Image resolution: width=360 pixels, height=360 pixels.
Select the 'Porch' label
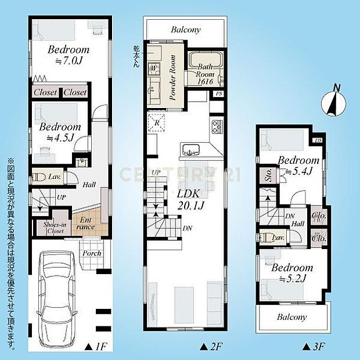(92, 254)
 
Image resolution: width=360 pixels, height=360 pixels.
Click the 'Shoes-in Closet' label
(54, 226)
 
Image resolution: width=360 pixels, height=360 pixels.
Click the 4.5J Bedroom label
(60, 132)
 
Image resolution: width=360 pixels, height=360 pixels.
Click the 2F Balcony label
(186, 30)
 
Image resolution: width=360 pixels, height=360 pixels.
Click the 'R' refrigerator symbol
(157, 123)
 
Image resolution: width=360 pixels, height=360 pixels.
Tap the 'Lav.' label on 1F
(55, 175)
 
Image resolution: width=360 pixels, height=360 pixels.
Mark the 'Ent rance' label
(85, 224)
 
